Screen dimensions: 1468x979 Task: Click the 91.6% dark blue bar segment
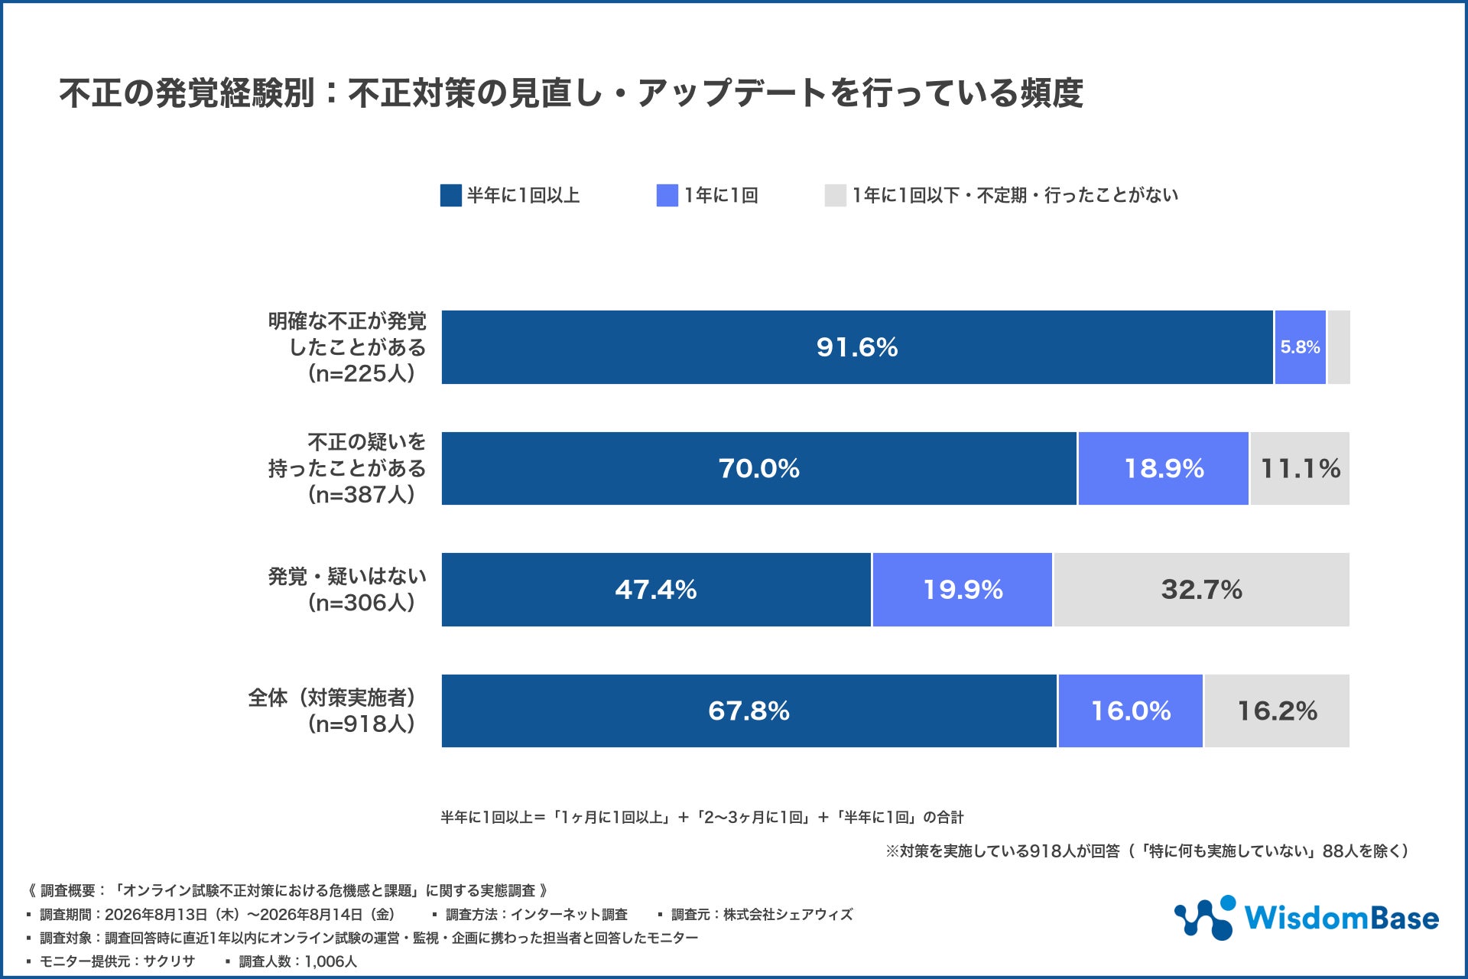pos(857,347)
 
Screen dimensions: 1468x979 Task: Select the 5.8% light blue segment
pos(1300,347)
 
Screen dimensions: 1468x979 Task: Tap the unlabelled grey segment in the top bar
pos(1339,347)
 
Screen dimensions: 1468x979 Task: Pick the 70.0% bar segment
pos(759,468)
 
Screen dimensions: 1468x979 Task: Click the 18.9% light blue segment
pos(1164,468)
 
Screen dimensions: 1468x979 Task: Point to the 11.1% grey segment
pos(1300,468)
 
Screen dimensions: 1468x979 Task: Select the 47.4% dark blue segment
pos(656,590)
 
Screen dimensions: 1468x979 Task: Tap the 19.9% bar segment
pos(963,590)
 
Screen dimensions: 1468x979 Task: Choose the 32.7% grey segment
pos(1202,590)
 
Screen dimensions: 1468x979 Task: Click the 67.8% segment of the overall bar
pos(749,711)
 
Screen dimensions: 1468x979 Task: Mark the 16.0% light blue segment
pos(1131,711)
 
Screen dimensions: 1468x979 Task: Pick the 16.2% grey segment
pos(1277,711)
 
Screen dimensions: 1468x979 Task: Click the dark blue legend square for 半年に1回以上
pos(451,196)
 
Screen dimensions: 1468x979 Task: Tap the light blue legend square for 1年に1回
pos(667,196)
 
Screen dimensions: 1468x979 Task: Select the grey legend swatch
pos(836,196)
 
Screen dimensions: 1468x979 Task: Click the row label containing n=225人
pos(347,347)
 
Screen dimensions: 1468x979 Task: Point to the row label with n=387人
pos(347,468)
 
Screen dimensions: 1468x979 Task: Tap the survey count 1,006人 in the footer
pos(330,961)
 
